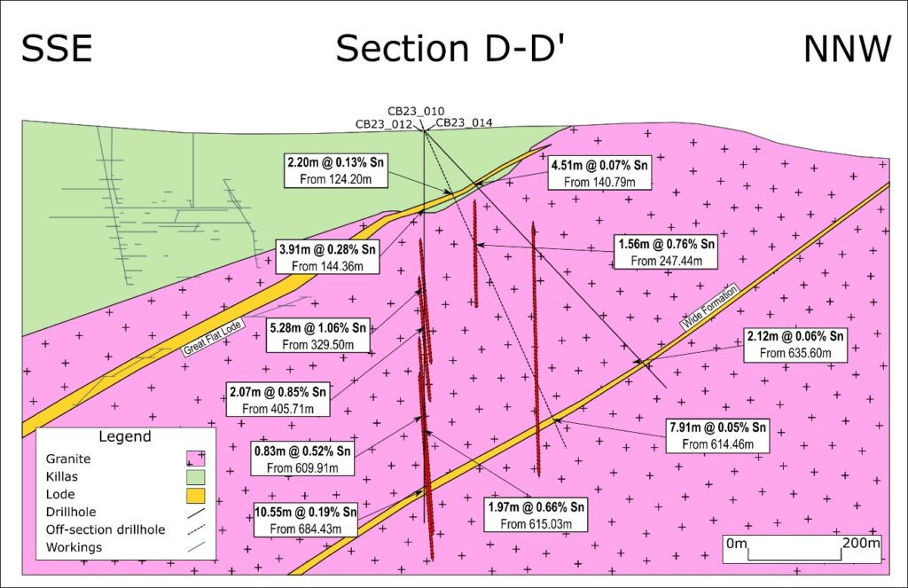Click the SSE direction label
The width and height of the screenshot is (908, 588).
(57, 49)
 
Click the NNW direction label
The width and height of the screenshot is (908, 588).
(846, 49)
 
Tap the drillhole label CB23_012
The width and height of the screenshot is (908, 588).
(384, 124)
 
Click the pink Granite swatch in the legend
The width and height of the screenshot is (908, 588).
(196, 459)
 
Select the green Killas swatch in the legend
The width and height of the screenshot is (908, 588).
(196, 476)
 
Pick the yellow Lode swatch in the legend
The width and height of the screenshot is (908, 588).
(196, 494)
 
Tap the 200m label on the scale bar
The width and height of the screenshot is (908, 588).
(859, 543)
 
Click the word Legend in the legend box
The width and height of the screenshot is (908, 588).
(125, 436)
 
